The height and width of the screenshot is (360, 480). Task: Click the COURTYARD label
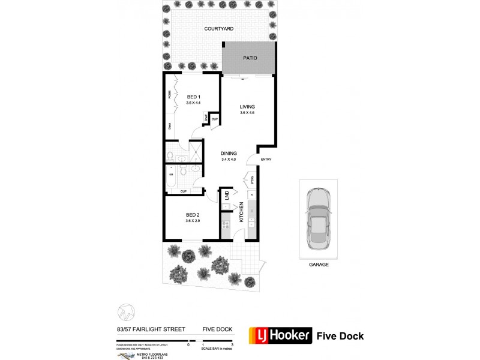coord(218,28)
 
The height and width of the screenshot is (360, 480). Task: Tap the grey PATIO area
coord(250,58)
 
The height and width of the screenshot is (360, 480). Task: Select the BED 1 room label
coord(193,97)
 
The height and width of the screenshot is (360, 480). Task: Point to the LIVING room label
coord(247,107)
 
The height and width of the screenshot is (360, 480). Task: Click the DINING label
coord(229,154)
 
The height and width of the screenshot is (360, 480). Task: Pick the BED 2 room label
coord(192,215)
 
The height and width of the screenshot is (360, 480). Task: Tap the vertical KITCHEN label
coord(242,212)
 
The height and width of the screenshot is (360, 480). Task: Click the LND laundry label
coord(227,195)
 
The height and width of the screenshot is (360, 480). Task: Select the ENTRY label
coord(266,159)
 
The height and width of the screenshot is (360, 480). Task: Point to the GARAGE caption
coord(319,264)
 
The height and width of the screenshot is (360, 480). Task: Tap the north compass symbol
coord(124,313)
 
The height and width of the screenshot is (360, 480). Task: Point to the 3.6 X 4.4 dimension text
coord(193,103)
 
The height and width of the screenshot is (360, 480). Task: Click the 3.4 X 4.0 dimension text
coord(229,159)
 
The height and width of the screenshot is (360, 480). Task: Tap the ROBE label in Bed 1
coord(170,94)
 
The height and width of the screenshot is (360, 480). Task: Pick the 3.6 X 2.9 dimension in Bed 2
coord(192,221)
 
